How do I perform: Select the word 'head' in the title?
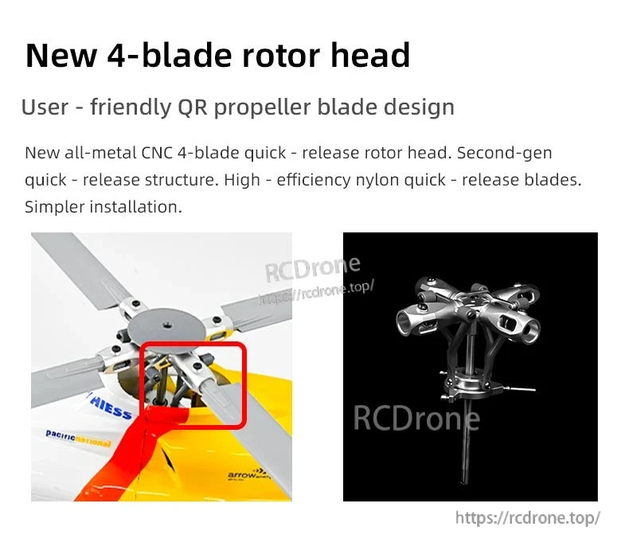tap(370, 55)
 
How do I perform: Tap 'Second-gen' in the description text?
tap(504, 152)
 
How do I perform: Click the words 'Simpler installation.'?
tap(104, 207)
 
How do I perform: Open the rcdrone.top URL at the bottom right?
tap(527, 518)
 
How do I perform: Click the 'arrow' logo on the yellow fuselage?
tap(244, 474)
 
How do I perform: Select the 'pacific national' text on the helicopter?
tap(78, 436)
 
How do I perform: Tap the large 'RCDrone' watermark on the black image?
tap(416, 417)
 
